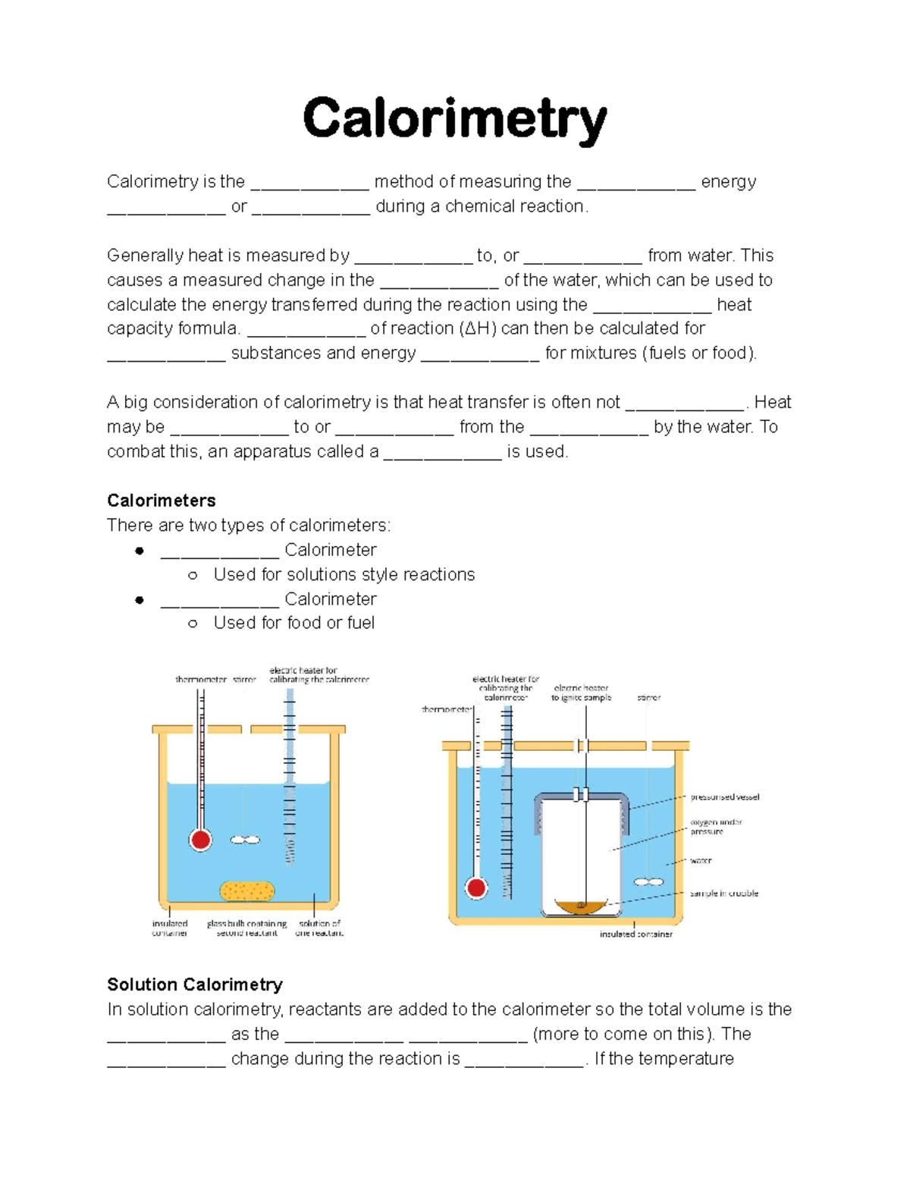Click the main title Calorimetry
pyautogui.click(x=454, y=119)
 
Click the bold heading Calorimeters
pyautogui.click(x=161, y=501)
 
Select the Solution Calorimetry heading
pyautogui.click(x=195, y=985)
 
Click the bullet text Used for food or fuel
pyautogui.click(x=294, y=623)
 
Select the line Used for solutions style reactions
pyautogui.click(x=344, y=574)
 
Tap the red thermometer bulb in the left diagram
pyautogui.click(x=201, y=840)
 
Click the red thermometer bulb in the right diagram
pyautogui.click(x=476, y=887)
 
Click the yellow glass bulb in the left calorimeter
pyautogui.click(x=246, y=891)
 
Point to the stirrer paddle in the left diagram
pyautogui.click(x=245, y=840)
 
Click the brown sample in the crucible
pyautogui.click(x=581, y=906)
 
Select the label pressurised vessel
pyautogui.click(x=724, y=797)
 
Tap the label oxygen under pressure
pyautogui.click(x=715, y=827)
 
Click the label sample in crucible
pyautogui.click(x=723, y=894)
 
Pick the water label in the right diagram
pyautogui.click(x=701, y=861)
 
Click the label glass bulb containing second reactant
pyautogui.click(x=246, y=928)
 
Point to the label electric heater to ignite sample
pyautogui.click(x=581, y=693)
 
